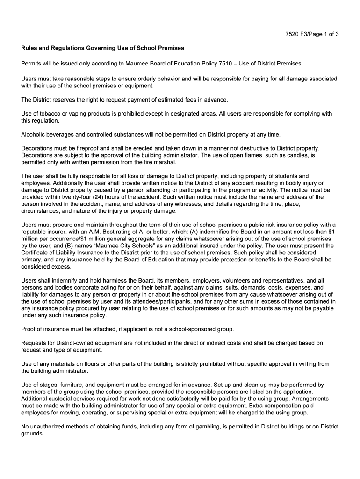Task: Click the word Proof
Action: click(29, 329)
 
